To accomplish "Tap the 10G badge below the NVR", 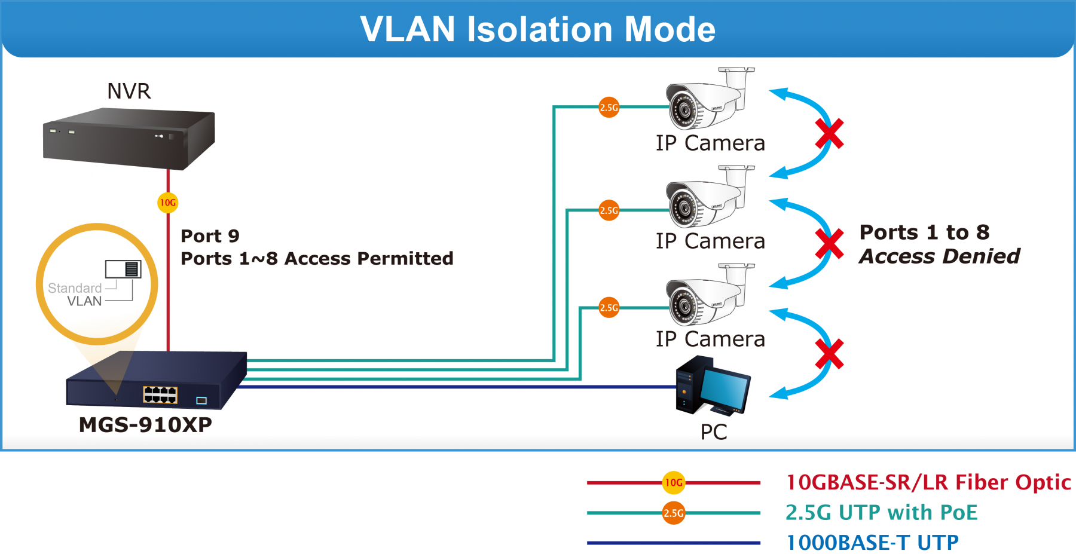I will tap(168, 203).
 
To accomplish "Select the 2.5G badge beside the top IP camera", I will tap(609, 108).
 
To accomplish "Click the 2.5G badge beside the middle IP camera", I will tap(609, 210).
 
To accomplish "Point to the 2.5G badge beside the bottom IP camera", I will tap(609, 308).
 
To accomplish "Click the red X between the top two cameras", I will tap(830, 133).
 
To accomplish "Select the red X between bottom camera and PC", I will tap(830, 354).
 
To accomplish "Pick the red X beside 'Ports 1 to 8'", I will tap(830, 244).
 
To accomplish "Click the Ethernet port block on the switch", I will tap(160, 394).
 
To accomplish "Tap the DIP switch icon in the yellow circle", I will tap(123, 269).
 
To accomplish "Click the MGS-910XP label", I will tap(145, 425).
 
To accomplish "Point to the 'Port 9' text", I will tap(210, 236).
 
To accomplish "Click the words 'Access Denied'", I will tap(939, 256).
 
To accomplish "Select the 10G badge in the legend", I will tap(674, 482).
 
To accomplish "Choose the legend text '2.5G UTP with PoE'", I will tap(881, 513).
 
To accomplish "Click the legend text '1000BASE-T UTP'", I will tap(872, 543).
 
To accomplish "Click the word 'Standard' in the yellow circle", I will tap(75, 288).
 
